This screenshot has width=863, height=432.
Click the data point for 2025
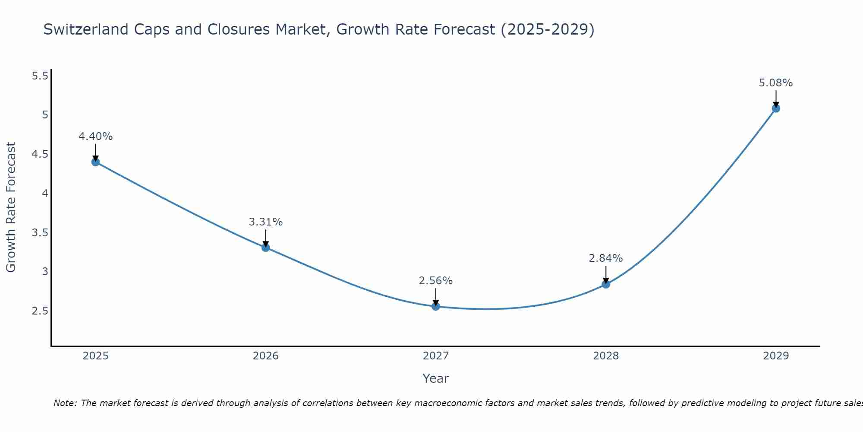click(95, 162)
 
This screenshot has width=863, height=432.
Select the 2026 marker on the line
click(266, 248)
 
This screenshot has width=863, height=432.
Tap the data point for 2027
click(436, 306)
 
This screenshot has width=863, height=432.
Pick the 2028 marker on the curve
click(606, 284)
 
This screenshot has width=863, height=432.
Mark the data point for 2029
click(776, 108)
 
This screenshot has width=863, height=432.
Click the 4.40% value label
click(95, 137)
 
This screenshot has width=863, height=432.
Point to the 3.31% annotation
click(266, 222)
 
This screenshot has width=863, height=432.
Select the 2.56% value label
click(436, 281)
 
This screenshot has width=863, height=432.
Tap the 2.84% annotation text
click(606, 258)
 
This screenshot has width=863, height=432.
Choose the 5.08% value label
click(776, 83)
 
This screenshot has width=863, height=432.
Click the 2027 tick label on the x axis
click(436, 356)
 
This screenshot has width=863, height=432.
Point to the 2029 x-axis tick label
click(776, 356)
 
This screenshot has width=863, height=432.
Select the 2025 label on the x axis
click(95, 356)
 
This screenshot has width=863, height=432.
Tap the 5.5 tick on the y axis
click(40, 76)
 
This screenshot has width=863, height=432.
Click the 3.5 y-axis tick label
click(40, 233)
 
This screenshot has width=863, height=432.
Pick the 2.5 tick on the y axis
click(40, 311)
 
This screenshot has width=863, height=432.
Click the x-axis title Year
click(436, 378)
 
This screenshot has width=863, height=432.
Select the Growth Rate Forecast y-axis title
click(11, 207)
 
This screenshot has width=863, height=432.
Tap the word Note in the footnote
click(65, 403)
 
